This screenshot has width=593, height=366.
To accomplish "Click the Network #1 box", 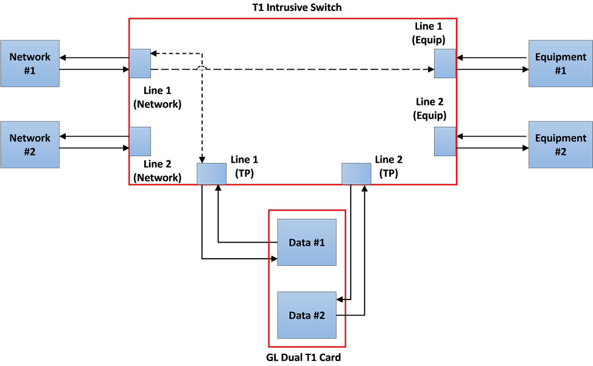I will pos(30,63).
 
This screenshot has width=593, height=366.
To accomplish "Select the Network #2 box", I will pos(30,145).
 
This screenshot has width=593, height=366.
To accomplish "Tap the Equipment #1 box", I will pos(560,63).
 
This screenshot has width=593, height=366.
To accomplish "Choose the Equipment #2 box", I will pos(560,145).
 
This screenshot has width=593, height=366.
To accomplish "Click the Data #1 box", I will pos(307,242).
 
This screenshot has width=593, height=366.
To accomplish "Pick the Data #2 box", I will pos(307,315).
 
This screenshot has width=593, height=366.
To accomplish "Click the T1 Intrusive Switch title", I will pos(293,7).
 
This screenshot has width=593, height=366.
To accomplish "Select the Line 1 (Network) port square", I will pos(140,63).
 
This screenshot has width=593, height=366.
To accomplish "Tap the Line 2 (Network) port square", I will pos(140,141).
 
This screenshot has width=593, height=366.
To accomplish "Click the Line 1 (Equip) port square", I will pos(444,63).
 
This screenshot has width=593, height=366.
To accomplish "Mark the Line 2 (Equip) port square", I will pos(444,141).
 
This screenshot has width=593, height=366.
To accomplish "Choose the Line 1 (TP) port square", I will pos(212,174).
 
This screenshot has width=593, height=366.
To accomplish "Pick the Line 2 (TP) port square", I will pos(356,174).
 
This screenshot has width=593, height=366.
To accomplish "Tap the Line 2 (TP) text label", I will pos(389,165).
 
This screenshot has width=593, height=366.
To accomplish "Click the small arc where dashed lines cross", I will pos(202,69).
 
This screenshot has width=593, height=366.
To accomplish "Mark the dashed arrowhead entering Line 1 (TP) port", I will pos(202,160).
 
